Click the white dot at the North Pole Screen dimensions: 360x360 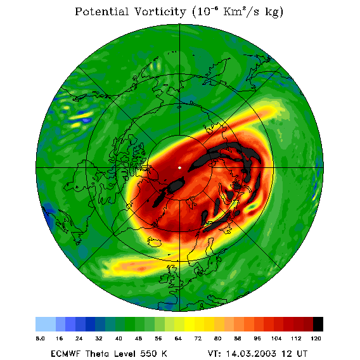[x=179, y=168]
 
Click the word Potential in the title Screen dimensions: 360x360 [x=101, y=11]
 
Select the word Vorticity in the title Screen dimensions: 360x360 [x=160, y=12]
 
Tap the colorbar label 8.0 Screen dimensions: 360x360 [x=40, y=338]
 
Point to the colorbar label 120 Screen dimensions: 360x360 [x=316, y=338]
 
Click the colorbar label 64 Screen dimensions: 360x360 [x=178, y=338]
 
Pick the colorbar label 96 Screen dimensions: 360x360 [x=257, y=338]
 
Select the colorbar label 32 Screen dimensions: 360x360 [x=99, y=338]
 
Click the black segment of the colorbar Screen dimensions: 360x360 [x=318, y=324]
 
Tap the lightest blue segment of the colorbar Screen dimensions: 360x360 [x=46, y=324]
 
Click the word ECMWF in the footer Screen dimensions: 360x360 [x=66, y=354]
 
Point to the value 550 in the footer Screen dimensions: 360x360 [x=149, y=354]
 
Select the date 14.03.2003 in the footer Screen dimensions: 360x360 [x=251, y=354]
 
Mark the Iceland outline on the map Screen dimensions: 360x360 [x=155, y=241]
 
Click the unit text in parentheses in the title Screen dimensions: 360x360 [x=238, y=12]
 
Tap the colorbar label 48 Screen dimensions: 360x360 [x=138, y=338]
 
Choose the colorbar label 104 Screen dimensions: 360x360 [x=276, y=338]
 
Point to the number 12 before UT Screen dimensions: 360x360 [x=286, y=354]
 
